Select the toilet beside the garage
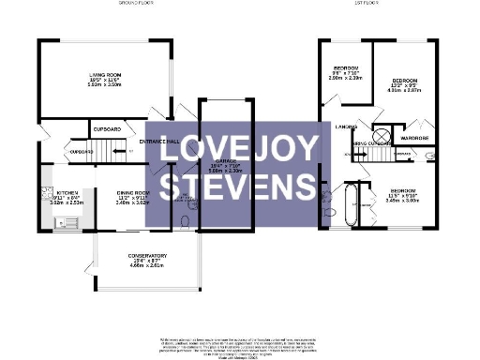185,222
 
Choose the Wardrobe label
413,138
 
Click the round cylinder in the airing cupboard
382,136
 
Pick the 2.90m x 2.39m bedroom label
346,71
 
